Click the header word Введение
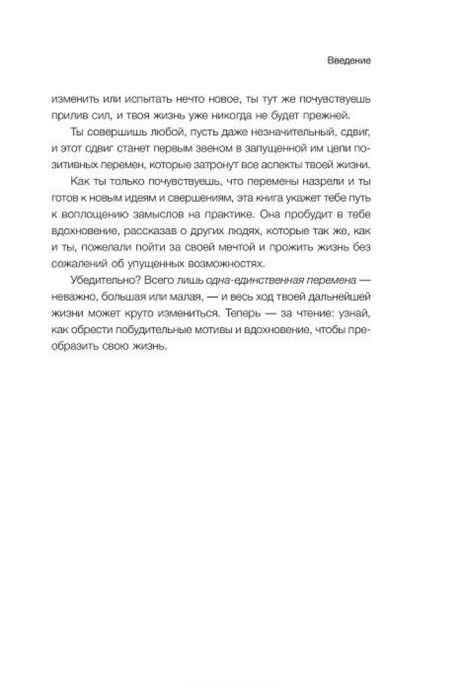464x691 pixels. (x=349, y=61)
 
